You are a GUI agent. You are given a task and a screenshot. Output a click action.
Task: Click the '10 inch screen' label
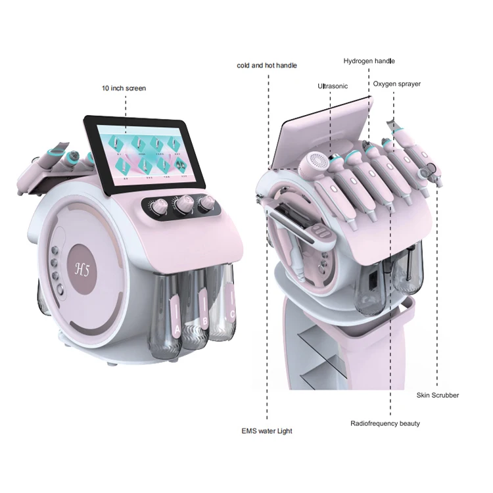point(124,88)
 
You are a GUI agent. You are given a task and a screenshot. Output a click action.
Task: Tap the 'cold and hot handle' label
point(267,65)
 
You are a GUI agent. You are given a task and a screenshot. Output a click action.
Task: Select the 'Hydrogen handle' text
point(369,61)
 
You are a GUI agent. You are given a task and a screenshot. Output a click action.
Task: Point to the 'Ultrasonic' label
point(333,86)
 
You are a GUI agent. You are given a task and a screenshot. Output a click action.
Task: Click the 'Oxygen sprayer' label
point(397,84)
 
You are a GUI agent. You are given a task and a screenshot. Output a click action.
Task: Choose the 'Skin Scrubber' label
point(437,395)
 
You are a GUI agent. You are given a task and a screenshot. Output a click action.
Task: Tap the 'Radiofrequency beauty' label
point(385,423)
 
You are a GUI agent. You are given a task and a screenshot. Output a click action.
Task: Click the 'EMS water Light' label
point(266,431)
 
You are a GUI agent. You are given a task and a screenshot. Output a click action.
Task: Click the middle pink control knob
point(181,205)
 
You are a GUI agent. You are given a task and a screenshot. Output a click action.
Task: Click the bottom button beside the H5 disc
point(57,287)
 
